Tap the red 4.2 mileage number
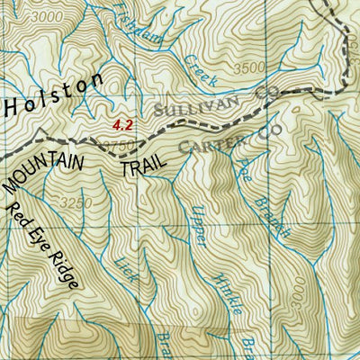coord(122,126)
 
